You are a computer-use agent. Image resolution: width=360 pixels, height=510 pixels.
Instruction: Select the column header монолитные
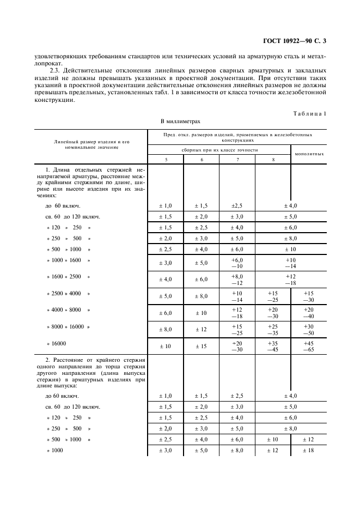309,154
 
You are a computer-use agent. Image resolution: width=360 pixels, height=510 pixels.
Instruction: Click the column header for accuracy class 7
237,159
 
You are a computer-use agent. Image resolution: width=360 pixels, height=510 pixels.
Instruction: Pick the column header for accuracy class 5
165,159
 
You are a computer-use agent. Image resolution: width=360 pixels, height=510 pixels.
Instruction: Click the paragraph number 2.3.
56,71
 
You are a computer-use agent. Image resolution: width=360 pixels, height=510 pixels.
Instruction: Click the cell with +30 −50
309,329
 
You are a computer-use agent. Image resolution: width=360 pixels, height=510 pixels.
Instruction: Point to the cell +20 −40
309,313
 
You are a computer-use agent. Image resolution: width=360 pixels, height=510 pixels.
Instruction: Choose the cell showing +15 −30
309,296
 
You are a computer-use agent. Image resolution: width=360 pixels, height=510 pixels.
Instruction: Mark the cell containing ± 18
309,450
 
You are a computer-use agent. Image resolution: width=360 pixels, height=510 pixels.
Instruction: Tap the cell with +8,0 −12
237,280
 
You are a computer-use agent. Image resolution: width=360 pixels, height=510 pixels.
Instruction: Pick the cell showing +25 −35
273,329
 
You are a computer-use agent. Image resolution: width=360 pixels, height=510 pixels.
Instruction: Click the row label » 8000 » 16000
68,326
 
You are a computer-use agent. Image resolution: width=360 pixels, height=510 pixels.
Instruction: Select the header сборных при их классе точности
219,149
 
